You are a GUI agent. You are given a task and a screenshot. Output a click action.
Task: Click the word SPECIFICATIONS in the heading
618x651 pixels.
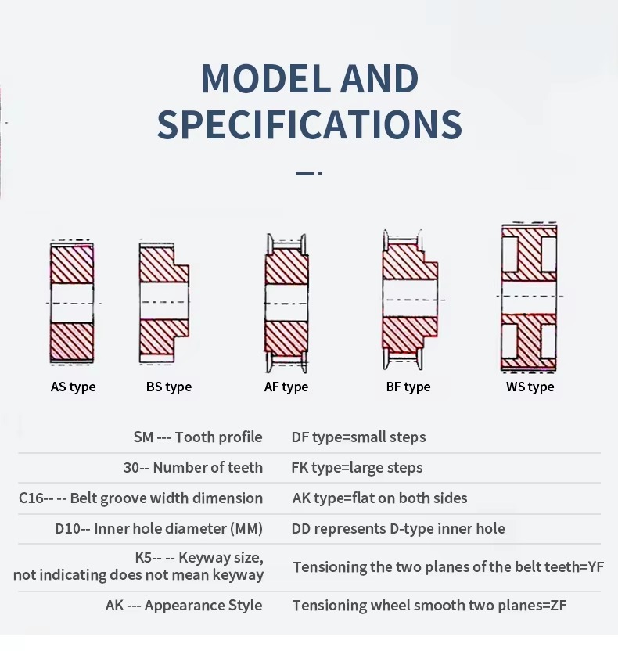coord(309,125)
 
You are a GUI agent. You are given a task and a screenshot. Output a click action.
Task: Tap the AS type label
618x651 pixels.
coord(73,387)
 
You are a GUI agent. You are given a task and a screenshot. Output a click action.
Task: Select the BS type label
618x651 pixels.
coord(168,387)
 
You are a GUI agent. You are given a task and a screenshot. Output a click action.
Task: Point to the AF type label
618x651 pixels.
coord(286,387)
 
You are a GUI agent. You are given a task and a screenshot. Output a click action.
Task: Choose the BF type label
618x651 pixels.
coord(408,387)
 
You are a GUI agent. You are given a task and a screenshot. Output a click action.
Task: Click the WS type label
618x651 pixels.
coord(530,387)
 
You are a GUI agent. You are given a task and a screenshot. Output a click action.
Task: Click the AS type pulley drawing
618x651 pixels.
coord(72,302)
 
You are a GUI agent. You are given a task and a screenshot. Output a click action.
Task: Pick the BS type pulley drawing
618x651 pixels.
coord(163,302)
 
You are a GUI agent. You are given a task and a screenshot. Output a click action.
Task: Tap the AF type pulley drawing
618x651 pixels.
coord(286,302)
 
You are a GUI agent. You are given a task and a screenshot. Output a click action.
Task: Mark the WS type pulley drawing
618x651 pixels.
coord(529,297)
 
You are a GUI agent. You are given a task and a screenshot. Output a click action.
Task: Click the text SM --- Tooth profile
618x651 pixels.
coord(198,437)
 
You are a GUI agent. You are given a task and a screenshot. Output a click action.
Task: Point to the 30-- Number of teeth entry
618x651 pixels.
coord(192,468)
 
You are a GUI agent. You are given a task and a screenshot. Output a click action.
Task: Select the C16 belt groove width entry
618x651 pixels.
coord(141,498)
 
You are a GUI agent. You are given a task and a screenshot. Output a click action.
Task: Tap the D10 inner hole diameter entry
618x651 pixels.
coord(159,529)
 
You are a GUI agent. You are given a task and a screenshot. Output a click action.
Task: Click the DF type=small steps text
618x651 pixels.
coord(358,437)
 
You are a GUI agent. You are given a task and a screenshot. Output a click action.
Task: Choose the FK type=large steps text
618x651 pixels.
coord(357,468)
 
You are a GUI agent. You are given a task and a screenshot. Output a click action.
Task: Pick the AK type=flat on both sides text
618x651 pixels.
coord(379,498)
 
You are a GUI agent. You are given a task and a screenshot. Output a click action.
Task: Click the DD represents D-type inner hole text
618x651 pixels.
coord(398,529)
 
